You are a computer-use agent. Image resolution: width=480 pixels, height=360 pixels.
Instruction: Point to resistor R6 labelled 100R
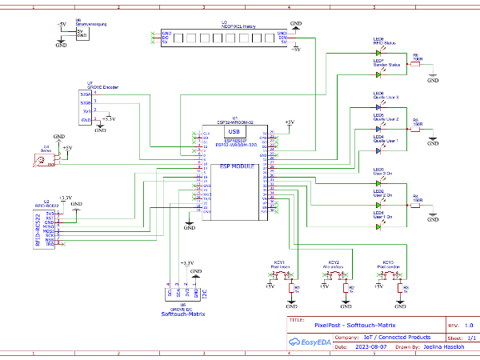(x=417, y=63)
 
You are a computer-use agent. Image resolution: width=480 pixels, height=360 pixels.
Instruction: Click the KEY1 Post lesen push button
(x=281, y=276)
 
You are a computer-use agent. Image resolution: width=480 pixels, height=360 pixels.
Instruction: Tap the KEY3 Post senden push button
(x=389, y=276)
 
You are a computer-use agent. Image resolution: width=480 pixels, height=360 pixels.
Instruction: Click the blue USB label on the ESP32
(x=233, y=131)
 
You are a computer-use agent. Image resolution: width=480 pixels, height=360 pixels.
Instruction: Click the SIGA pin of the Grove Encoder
(x=86, y=94)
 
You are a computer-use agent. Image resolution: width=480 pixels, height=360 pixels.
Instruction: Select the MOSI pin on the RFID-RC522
(x=50, y=228)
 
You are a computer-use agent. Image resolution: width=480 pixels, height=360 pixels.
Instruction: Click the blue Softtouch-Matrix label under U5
(x=183, y=314)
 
